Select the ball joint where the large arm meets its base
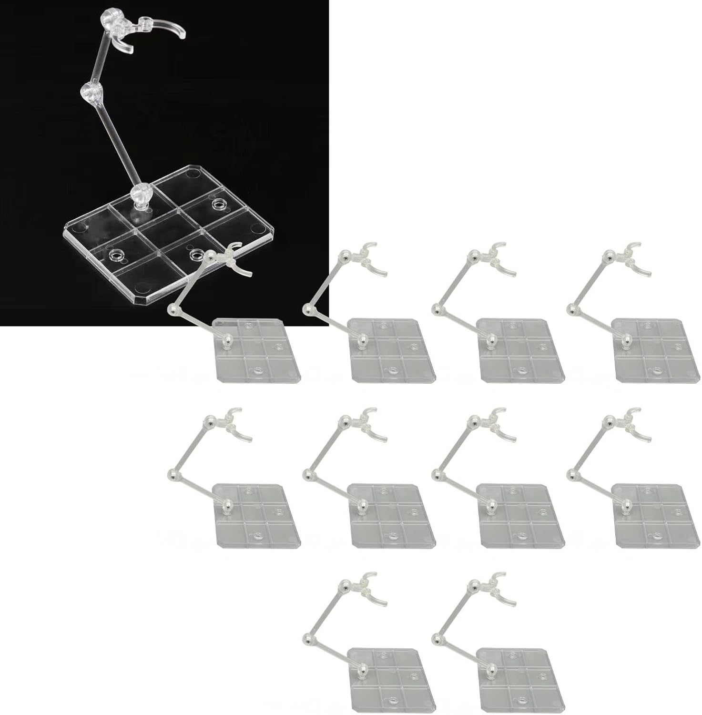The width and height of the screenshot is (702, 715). [140, 195]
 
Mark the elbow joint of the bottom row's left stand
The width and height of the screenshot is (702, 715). [308, 639]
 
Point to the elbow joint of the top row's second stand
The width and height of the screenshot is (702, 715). [308, 310]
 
